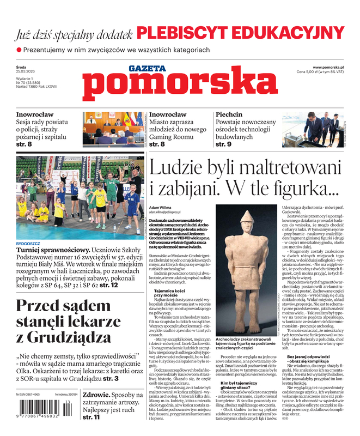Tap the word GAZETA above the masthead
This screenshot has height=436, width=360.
click(x=147, y=68)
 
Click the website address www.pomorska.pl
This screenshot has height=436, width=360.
click(x=331, y=66)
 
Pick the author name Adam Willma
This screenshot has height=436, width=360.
click(x=161, y=208)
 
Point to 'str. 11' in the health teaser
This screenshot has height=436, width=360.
click(x=91, y=417)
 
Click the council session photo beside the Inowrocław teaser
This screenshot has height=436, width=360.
click(x=113, y=129)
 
